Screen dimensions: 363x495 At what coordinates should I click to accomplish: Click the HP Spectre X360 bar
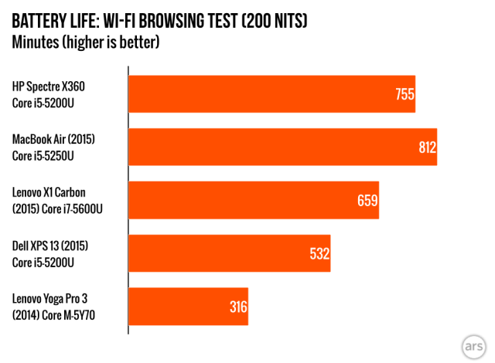[271, 94]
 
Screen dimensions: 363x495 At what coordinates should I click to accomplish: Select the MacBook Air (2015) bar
[282, 147]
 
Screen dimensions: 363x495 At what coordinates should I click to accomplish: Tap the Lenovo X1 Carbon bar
[253, 200]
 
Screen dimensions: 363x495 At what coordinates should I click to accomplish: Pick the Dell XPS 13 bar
[229, 253]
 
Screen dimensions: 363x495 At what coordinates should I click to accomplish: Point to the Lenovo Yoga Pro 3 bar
[188, 307]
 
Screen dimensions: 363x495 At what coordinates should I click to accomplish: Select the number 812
[428, 148]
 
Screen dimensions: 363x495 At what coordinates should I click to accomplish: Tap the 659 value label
[367, 201]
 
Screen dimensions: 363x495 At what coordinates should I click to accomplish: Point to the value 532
[319, 253]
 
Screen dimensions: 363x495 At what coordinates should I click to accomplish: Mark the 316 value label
[237, 307]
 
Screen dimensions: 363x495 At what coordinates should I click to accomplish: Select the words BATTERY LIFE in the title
[54, 21]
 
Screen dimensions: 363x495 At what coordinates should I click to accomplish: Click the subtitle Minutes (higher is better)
[85, 42]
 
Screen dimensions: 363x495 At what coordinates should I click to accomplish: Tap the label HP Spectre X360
[54, 86]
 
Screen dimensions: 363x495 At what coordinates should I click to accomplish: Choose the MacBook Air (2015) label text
[58, 139]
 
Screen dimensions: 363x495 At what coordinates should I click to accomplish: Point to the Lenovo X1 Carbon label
[53, 192]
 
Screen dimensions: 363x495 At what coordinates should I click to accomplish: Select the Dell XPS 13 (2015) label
[51, 246]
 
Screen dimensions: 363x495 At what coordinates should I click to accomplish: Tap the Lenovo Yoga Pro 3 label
[54, 299]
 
